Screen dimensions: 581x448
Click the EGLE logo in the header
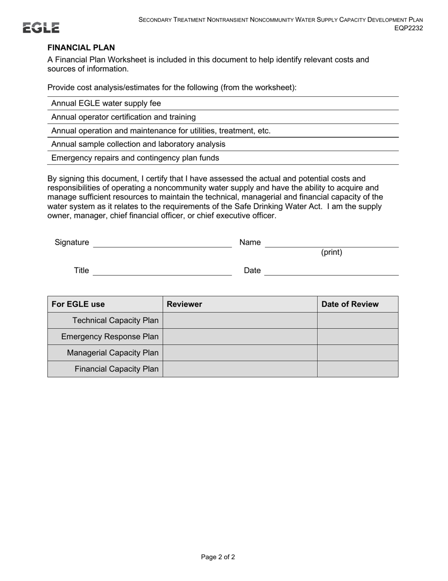[x=41, y=28]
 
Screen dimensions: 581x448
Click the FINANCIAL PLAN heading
[x=81, y=48]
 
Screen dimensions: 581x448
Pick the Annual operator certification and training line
[x=124, y=117]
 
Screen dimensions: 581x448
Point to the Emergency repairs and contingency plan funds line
[x=135, y=158]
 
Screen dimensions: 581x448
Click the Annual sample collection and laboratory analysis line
[x=138, y=144]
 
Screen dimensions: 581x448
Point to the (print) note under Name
[x=332, y=253]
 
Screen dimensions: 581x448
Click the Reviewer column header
[x=184, y=305]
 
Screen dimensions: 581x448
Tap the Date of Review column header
[x=350, y=305]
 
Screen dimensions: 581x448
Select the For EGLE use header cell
[x=78, y=305]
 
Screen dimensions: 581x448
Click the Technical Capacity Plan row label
[x=115, y=321]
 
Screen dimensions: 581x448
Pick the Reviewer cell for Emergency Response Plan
[x=240, y=337]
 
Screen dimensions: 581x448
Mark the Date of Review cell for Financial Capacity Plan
[x=357, y=369]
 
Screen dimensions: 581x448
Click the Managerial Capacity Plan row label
[x=113, y=353]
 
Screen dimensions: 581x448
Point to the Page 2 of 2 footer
[x=218, y=557]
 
